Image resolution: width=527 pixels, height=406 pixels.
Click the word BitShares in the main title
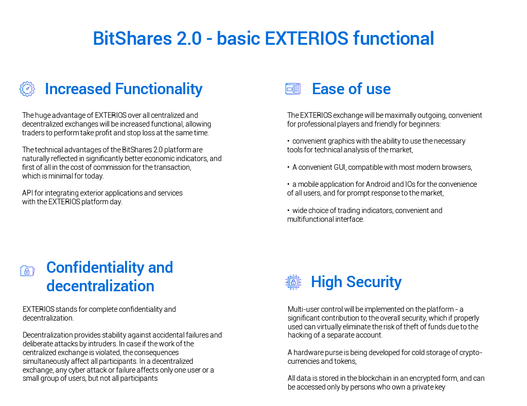(132, 38)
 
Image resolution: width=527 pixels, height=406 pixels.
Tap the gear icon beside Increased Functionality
(27, 89)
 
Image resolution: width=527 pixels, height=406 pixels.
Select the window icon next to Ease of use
(293, 89)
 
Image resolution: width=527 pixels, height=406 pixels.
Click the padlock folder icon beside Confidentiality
(28, 271)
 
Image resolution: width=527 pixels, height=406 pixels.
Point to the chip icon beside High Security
(293, 283)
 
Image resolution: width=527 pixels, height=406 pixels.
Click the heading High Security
(356, 282)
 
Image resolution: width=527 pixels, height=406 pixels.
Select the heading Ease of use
(351, 89)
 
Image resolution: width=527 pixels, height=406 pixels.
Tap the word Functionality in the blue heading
(159, 89)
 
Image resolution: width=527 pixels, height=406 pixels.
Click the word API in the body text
(27, 193)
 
